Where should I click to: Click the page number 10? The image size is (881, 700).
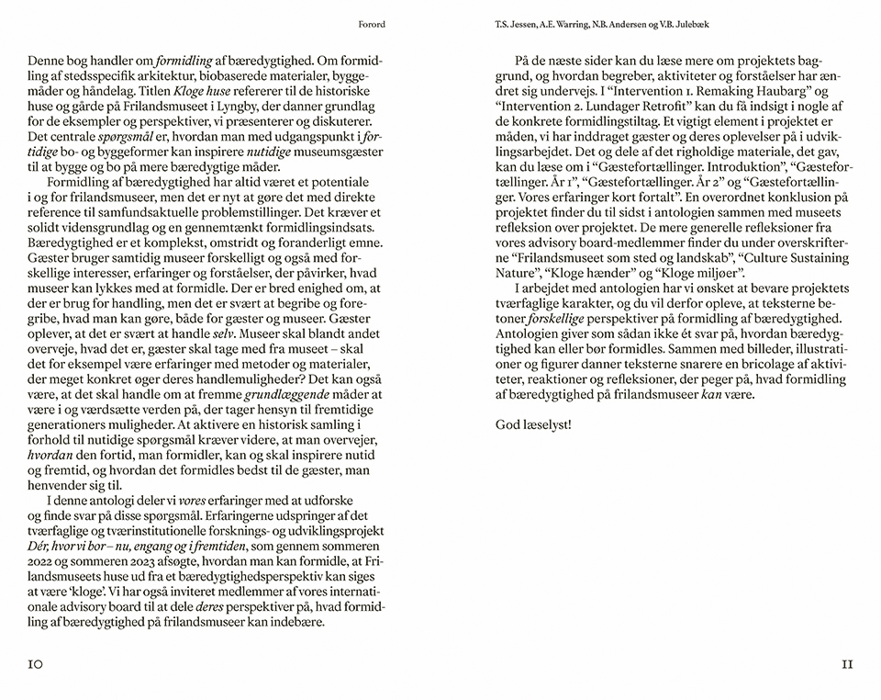[x=36, y=664]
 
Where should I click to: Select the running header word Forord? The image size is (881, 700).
[x=373, y=25]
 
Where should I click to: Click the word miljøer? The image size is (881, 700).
[x=726, y=274]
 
